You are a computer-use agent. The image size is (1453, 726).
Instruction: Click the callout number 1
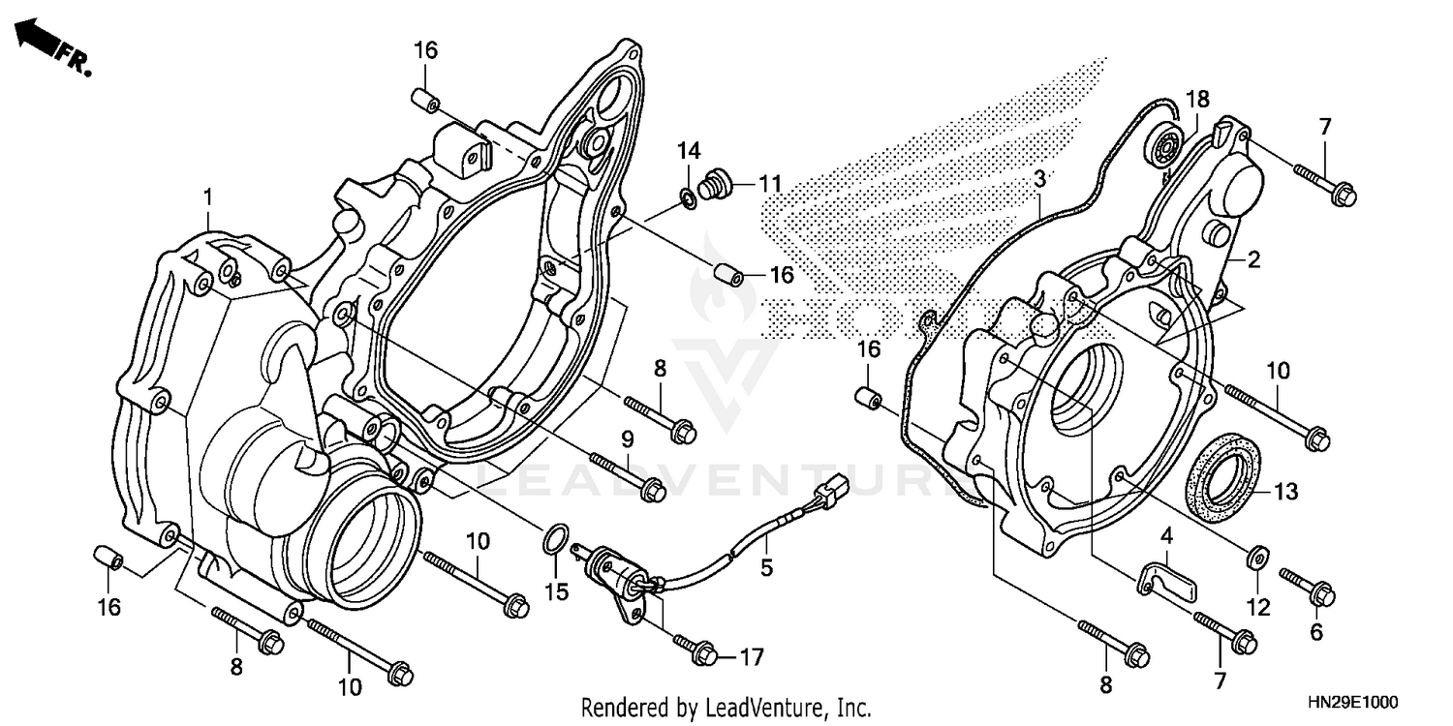coord(207,197)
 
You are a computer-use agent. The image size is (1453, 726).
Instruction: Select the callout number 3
coord(1039,179)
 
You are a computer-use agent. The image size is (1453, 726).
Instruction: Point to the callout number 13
coord(1284,493)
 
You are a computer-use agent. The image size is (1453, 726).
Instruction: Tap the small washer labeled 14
coord(687,198)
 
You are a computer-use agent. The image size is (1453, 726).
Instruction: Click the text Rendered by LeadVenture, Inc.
coord(726,707)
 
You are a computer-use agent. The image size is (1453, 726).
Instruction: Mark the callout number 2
coord(1252,259)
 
